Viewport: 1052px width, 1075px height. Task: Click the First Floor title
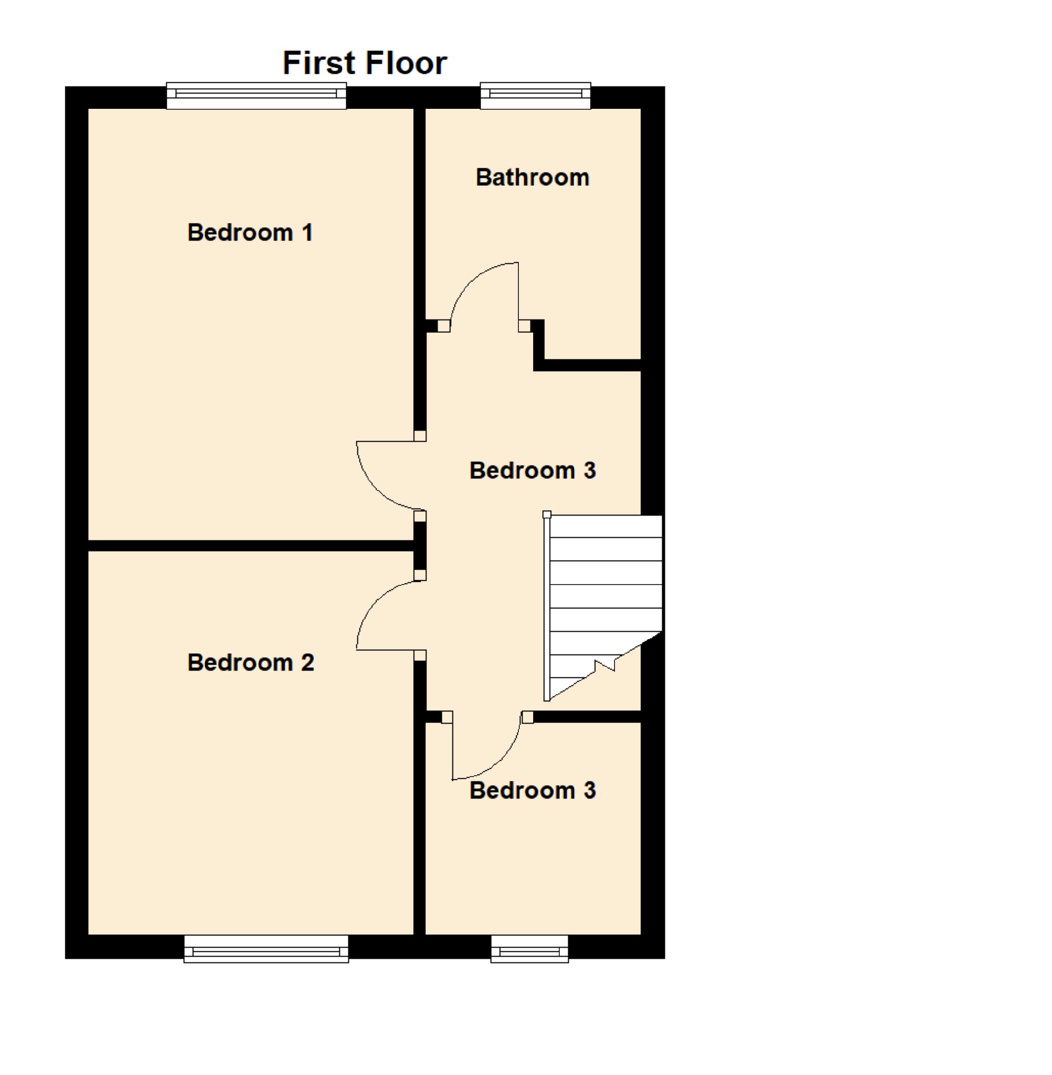point(365,63)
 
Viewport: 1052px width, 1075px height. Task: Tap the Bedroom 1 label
point(250,233)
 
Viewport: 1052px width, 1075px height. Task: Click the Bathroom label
point(533,178)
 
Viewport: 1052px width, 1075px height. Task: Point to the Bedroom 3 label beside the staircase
point(533,471)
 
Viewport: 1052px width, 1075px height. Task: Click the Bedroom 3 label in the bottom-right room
point(533,790)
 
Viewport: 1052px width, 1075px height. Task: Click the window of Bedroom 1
point(256,96)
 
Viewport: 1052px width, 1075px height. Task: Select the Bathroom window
point(535,96)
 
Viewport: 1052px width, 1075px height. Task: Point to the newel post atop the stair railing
point(547,515)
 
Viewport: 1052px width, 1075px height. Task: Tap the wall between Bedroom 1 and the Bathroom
point(420,221)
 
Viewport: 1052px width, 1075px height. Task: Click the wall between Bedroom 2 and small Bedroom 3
point(420,829)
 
